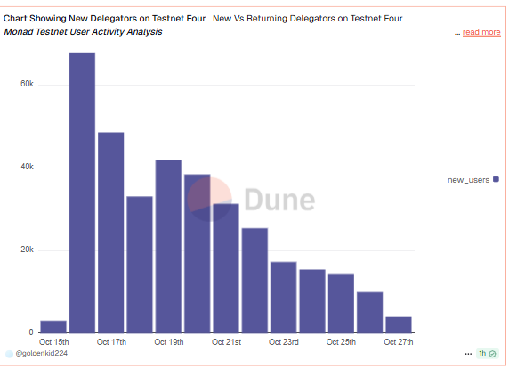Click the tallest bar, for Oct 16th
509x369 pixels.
point(82,192)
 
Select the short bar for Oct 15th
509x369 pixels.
point(53,326)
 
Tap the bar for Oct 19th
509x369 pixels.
point(168,245)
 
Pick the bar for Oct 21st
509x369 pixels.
point(226,267)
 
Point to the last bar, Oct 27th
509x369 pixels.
point(399,324)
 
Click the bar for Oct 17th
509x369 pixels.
point(111,232)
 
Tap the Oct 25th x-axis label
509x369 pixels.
point(342,341)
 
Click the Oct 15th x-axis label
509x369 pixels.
point(53,341)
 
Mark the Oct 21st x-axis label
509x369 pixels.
point(226,341)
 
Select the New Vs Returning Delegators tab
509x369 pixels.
point(307,18)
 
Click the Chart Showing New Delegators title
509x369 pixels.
point(105,18)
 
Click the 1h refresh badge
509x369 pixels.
point(486,354)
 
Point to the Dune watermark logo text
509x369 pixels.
point(279,199)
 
